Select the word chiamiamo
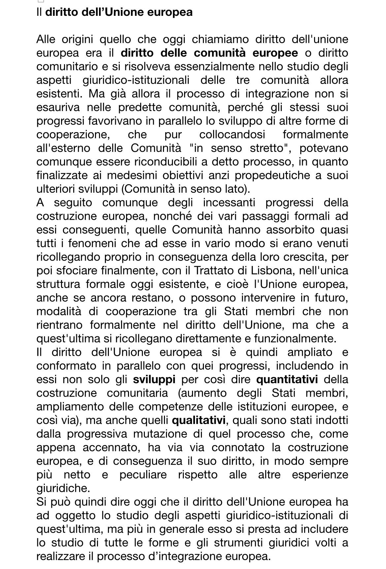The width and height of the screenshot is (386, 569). [x=219, y=39]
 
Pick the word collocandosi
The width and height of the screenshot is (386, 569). [x=232, y=134]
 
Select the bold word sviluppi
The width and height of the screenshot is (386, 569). [x=154, y=380]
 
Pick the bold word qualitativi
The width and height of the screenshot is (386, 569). [x=199, y=420]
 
